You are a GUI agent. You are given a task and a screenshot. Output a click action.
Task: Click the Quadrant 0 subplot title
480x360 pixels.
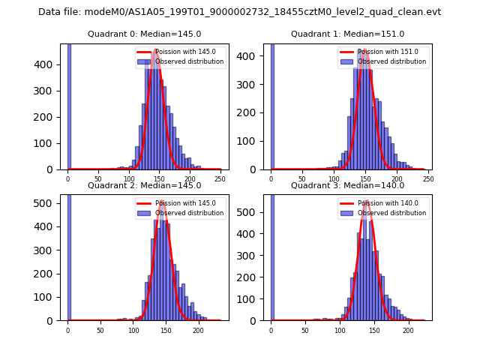tap(144, 34)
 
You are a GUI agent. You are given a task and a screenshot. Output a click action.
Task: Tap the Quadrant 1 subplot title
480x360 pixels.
tap(347, 34)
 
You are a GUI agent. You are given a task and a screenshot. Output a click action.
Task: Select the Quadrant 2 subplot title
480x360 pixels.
tap(144, 185)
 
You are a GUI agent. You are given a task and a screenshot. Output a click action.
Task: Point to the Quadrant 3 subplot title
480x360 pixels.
tap(347, 185)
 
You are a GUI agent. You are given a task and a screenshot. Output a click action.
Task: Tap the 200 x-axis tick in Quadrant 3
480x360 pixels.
tap(408, 330)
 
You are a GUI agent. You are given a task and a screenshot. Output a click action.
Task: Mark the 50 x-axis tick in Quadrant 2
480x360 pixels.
tap(100, 330)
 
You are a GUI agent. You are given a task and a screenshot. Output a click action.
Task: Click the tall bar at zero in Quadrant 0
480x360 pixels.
tap(69, 105)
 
